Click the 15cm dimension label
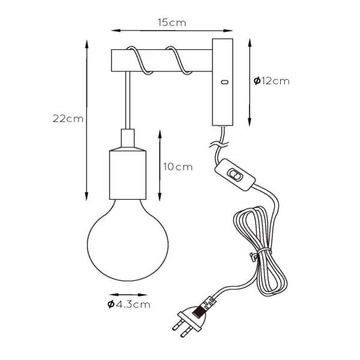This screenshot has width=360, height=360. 172,23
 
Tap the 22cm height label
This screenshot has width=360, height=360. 68,119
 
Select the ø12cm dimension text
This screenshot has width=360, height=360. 272,81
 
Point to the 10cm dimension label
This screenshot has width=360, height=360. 178,167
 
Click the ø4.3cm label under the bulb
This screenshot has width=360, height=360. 129,304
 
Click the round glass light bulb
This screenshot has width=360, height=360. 128,240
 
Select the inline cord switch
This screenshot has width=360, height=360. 235,175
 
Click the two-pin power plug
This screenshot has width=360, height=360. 190,320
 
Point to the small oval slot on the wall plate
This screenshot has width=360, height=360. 224,82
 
